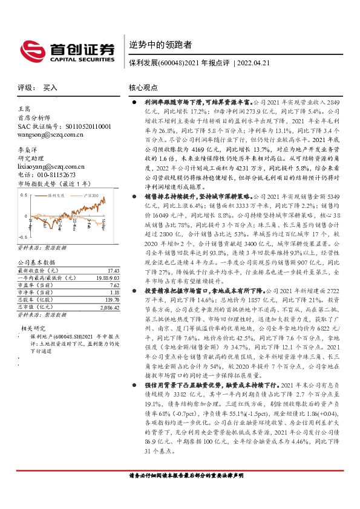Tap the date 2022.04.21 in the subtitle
pos(257,62)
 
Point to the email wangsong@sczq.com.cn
pos(48,136)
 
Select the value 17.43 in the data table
pos(112,271)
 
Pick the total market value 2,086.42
pos(108,307)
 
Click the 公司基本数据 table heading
pos(37,262)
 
